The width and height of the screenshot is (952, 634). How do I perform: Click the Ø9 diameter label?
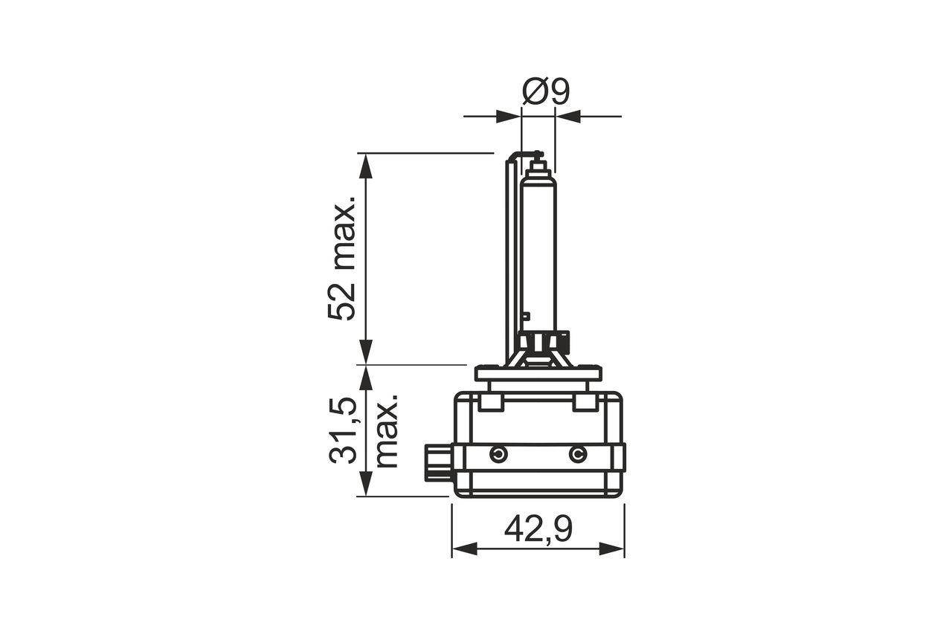point(545,91)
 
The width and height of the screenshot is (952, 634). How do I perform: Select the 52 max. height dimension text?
point(343,259)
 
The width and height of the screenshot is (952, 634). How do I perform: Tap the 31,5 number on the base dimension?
point(344,432)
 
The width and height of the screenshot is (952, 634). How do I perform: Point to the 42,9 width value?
point(538,529)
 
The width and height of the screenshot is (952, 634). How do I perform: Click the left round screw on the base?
point(498,454)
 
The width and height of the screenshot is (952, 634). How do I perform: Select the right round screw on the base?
point(577,454)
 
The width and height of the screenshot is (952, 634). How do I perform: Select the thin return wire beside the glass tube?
point(510,253)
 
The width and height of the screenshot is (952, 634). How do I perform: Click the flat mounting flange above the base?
point(538,373)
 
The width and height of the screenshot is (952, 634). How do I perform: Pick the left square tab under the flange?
point(490,402)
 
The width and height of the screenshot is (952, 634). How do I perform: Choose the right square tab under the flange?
point(585,402)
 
